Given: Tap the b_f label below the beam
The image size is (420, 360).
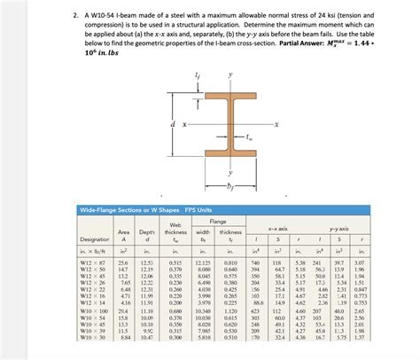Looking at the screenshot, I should tap(209, 186).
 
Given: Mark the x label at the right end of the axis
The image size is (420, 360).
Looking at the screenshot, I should tap(277, 123).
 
